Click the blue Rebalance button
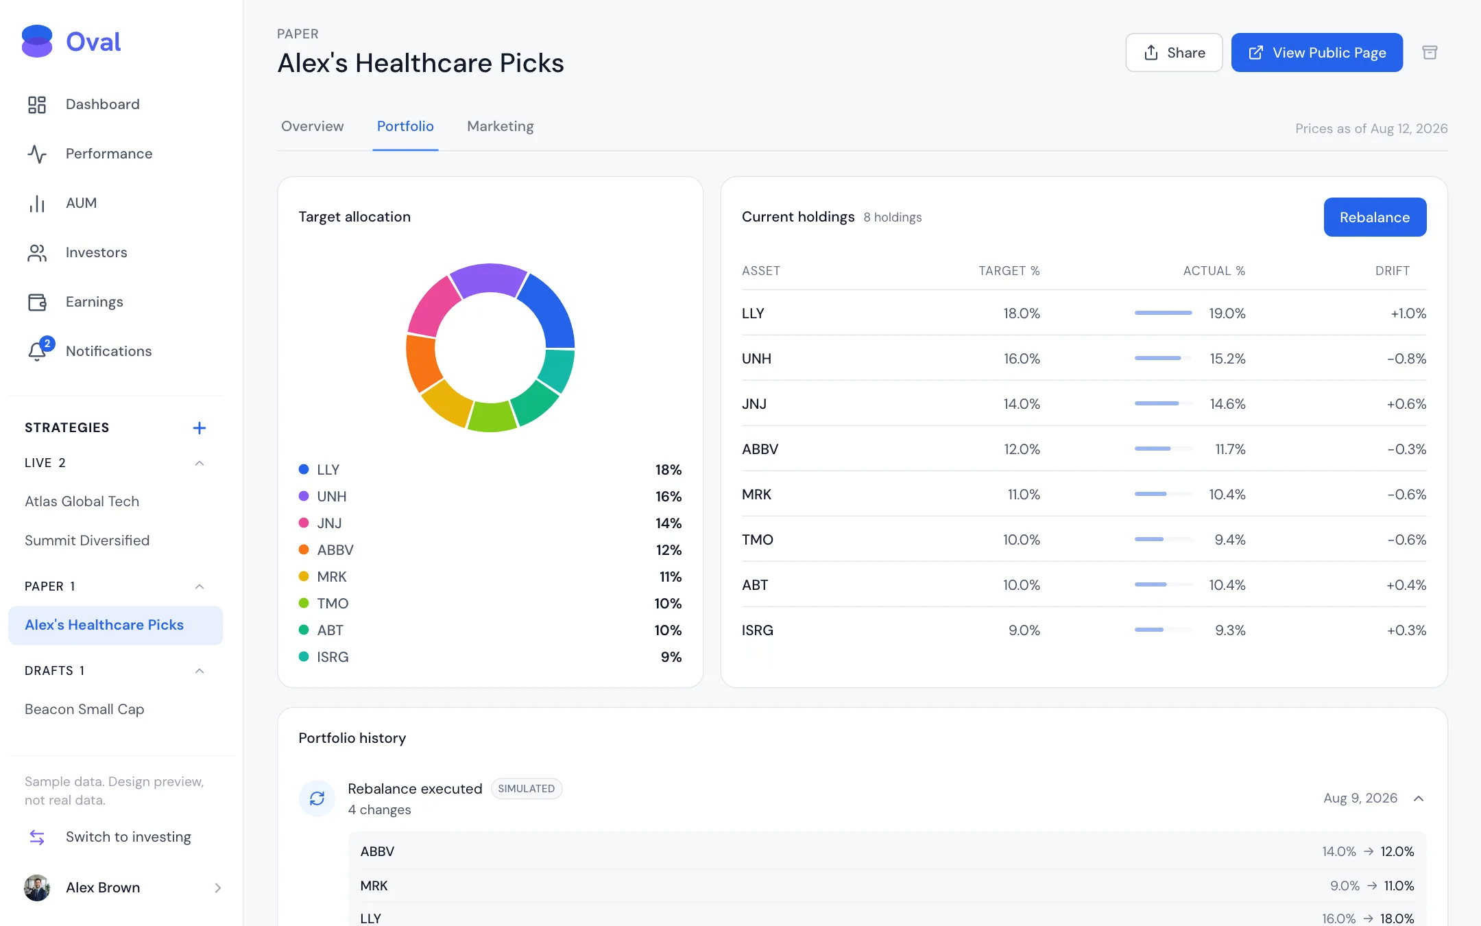point(1375,217)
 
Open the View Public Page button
point(1316,52)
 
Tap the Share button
point(1174,52)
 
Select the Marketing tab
point(500,126)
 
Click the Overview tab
point(312,126)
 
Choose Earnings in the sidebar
point(94,302)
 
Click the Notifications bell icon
point(37,351)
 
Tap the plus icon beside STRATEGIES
point(200,428)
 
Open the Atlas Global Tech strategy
point(82,501)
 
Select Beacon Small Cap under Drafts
point(84,709)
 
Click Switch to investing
point(128,837)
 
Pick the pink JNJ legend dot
point(304,523)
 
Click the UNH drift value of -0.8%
point(1406,359)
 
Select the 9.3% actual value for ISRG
point(1230,630)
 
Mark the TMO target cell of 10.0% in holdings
point(1021,540)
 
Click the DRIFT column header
point(1392,271)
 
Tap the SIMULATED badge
point(527,789)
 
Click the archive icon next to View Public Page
point(1430,53)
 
